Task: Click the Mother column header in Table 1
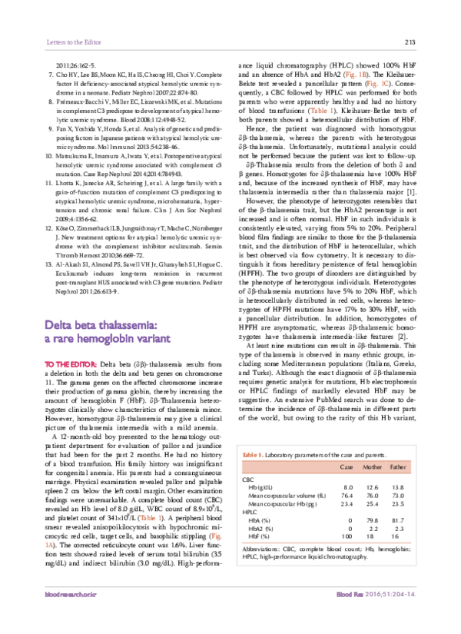pyautogui.click(x=371, y=466)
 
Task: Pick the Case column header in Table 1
pyautogui.click(x=346, y=466)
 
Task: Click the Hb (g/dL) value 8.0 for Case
pyautogui.click(x=347, y=487)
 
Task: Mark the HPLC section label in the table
pyautogui.click(x=250, y=511)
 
